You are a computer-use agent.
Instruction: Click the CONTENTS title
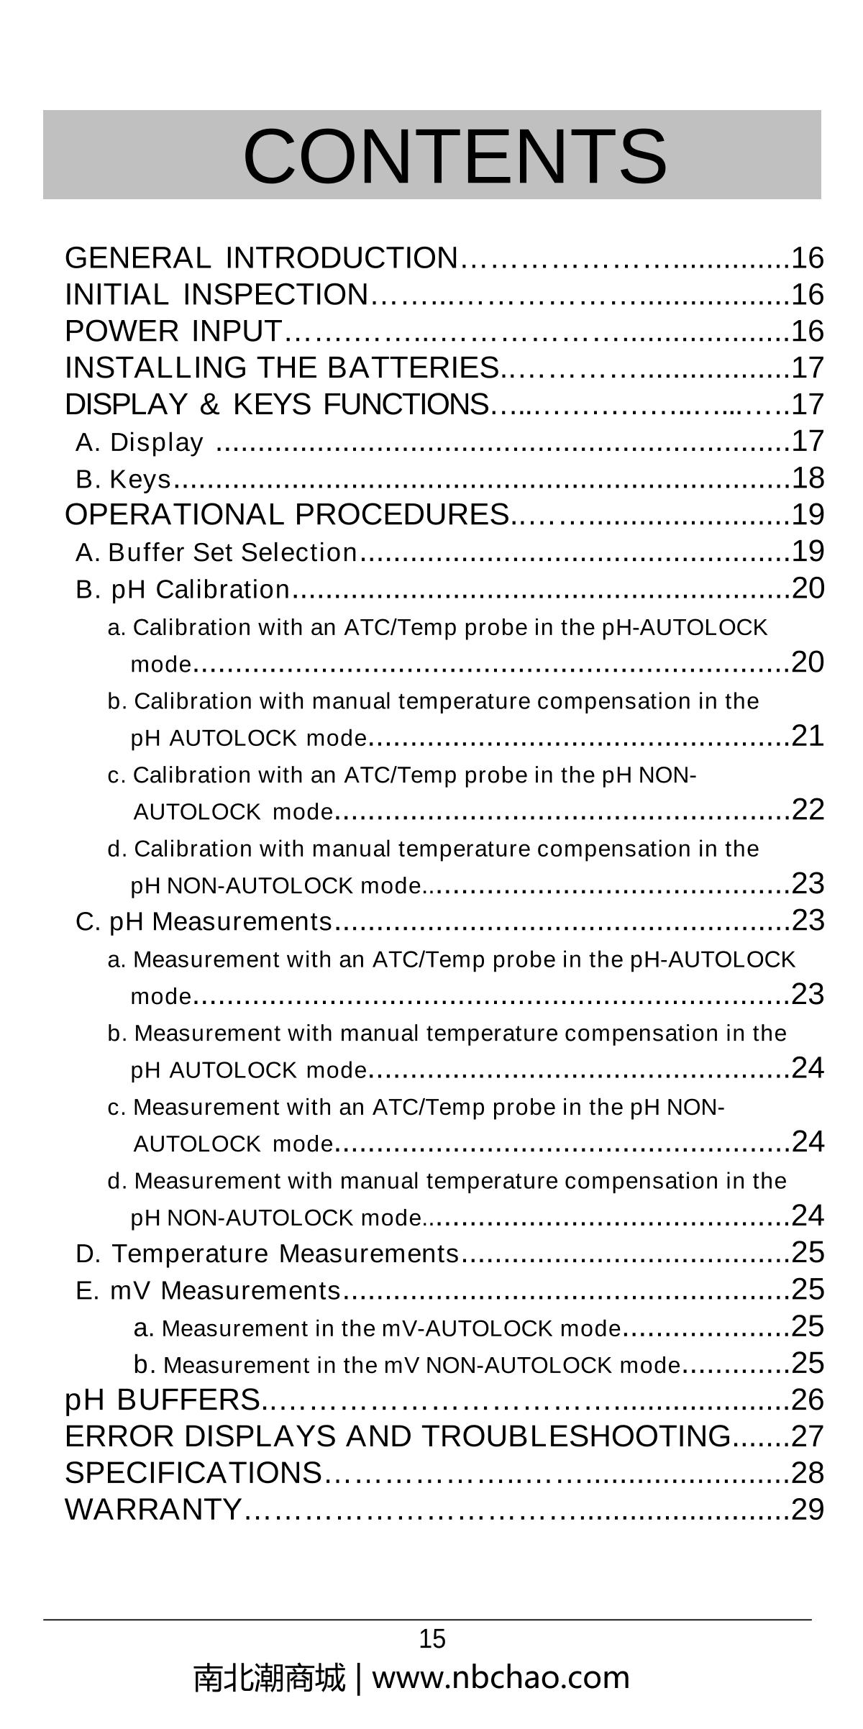[455, 155]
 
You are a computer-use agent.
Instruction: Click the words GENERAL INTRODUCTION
[261, 257]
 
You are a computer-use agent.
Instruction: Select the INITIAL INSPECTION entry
[216, 294]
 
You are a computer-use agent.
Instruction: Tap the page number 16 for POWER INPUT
[807, 331]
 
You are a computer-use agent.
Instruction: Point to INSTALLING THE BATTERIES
[282, 368]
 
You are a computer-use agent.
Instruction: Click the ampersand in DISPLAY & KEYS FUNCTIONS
[209, 404]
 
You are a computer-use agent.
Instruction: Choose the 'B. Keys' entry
[124, 479]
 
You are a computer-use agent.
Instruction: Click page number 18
[807, 478]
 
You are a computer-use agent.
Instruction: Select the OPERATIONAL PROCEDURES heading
[287, 514]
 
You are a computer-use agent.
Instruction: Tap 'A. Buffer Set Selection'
[216, 552]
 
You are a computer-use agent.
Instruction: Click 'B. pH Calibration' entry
[183, 589]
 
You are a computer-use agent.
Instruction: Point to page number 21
[807, 736]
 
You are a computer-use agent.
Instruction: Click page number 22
[807, 810]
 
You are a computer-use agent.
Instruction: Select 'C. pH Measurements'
[204, 921]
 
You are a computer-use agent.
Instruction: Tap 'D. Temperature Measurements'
[267, 1254]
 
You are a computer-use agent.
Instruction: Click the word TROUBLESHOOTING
[576, 1436]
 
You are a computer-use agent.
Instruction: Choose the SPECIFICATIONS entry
[193, 1473]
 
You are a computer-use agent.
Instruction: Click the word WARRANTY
[153, 1510]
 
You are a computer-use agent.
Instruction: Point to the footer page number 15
[432, 1639]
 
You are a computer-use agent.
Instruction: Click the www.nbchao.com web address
[501, 1678]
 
